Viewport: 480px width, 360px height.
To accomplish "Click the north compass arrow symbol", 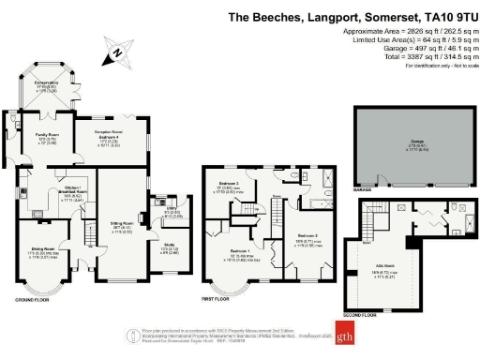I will coord(114,55).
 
